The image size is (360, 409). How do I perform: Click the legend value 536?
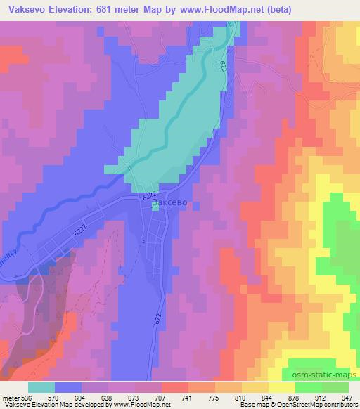coord(26,397)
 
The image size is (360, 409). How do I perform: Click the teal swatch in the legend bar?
coord(41,387)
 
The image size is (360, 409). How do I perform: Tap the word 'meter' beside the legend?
coord(11,397)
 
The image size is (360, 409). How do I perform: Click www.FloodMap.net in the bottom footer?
coord(143,405)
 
